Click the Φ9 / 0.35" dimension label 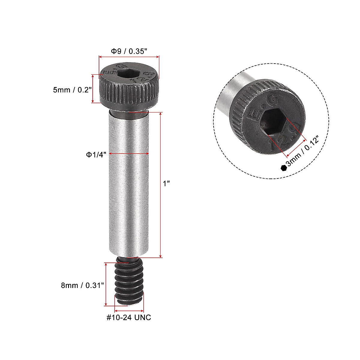pyautogui.click(x=129, y=51)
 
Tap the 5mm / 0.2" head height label pyautogui.click(x=72, y=90)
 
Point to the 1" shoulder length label pyautogui.click(x=166, y=184)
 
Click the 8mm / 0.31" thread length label pyautogui.click(x=82, y=285)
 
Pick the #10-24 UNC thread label pyautogui.click(x=129, y=317)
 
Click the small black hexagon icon pyautogui.click(x=283, y=168)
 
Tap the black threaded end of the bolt pyautogui.click(x=129, y=283)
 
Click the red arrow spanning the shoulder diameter pyautogui.click(x=129, y=154)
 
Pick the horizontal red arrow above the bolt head pyautogui.click(x=129, y=56)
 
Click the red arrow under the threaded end pyautogui.click(x=129, y=311)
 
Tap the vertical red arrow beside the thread pyautogui.click(x=106, y=284)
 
